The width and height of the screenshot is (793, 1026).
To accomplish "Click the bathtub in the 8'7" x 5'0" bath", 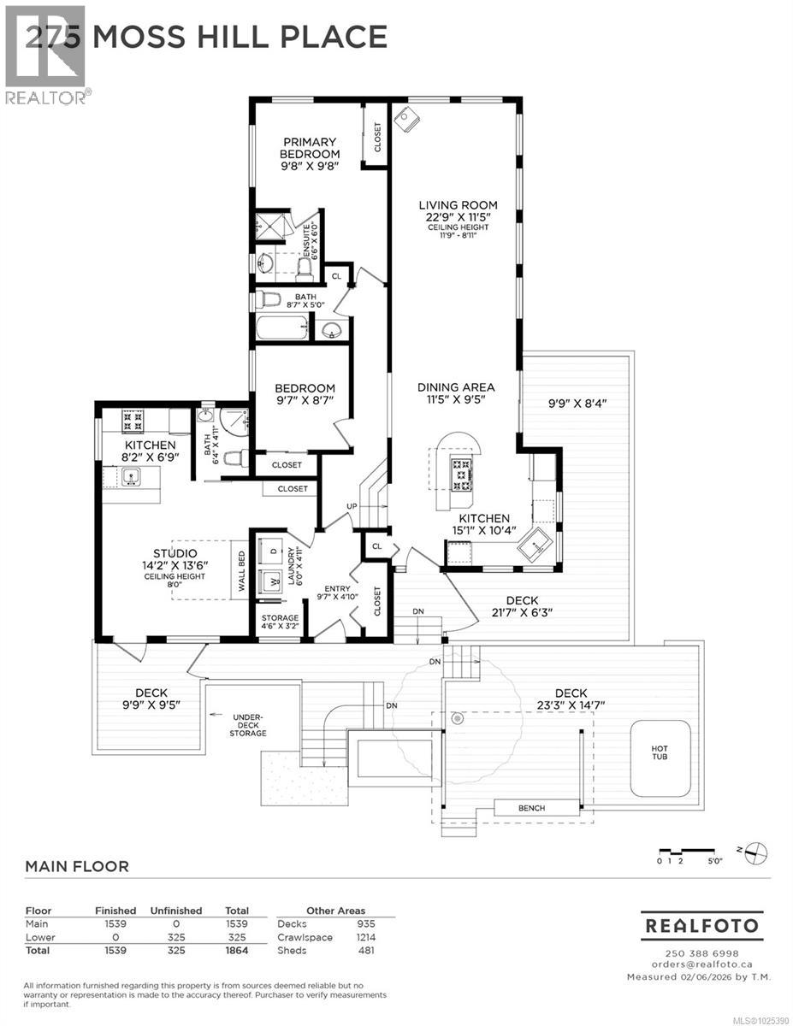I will pos(282,328).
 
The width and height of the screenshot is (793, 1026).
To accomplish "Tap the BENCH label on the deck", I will pos(530,808).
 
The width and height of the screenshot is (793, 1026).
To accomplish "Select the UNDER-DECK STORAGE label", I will pos(248,727).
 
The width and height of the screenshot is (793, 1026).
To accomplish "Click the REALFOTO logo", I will pos(702,926).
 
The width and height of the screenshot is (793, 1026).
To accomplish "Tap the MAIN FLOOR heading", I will pos(77,866).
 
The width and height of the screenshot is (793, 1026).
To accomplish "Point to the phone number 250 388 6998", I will pos(702,953).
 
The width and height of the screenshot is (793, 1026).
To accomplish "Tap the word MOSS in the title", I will pos(139,37).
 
